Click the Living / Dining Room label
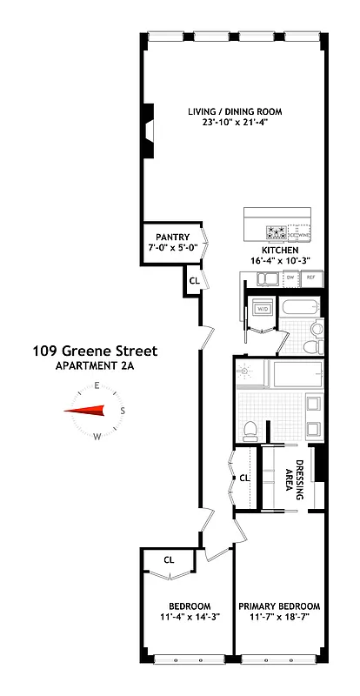(x=234, y=110)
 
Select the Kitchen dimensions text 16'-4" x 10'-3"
(x=274, y=260)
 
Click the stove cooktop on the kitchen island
(x=277, y=232)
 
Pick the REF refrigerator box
(x=310, y=278)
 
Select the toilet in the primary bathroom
(x=250, y=428)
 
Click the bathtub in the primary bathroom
(x=296, y=376)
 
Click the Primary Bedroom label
(x=279, y=606)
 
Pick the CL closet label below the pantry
(x=195, y=280)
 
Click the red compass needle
(x=89, y=412)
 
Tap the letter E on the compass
(x=98, y=385)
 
